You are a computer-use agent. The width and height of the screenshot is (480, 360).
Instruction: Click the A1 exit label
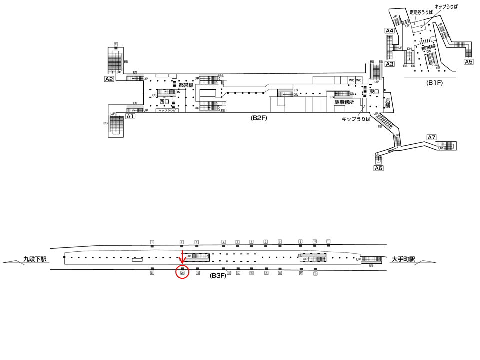pos(130,116)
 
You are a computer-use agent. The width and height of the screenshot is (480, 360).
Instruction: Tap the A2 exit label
pos(109,79)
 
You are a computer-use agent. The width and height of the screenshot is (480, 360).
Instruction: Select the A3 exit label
pos(389,64)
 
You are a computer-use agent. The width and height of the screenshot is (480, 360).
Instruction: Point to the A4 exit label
pos(389,31)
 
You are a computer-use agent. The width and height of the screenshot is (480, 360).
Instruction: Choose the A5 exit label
pos(468,62)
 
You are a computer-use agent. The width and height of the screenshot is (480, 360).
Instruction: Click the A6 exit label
pos(378,169)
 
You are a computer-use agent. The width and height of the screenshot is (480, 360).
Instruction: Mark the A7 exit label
pos(432,137)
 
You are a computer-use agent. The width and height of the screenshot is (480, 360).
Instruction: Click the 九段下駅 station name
pos(35,259)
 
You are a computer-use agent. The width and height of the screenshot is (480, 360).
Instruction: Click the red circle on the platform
pos(182,273)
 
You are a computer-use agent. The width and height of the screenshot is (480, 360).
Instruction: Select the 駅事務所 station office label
pos(344,102)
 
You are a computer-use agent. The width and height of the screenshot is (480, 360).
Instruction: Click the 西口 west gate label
pos(165,102)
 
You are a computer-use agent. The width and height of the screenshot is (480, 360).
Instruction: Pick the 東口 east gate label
pos(374,92)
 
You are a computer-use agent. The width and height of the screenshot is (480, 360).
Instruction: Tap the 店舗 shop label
pos(388,103)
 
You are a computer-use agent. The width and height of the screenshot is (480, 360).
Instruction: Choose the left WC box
pos(351,80)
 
